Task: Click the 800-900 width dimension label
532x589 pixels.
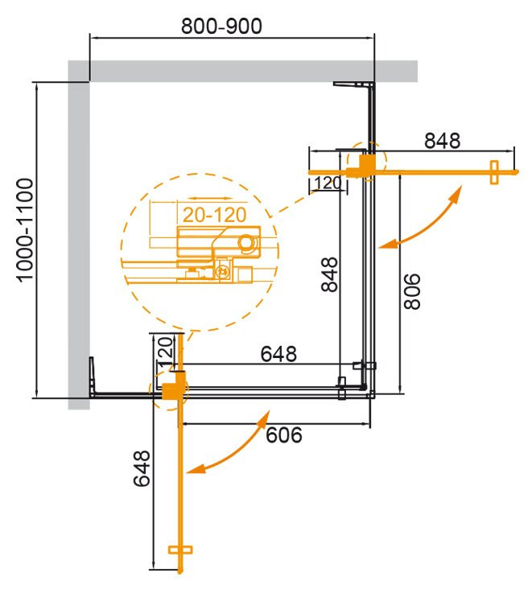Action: click(x=221, y=26)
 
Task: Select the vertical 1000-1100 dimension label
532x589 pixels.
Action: click(x=24, y=230)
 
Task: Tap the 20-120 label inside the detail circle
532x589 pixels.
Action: click(x=210, y=215)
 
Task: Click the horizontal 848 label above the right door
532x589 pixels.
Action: click(x=442, y=140)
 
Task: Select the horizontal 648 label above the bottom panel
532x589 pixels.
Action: click(x=279, y=353)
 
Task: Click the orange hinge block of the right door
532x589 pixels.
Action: click(x=364, y=166)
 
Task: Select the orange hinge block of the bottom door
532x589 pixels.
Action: click(x=171, y=390)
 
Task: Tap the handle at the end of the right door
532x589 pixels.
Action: click(x=493, y=171)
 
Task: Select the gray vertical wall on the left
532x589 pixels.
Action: click(x=78, y=241)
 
